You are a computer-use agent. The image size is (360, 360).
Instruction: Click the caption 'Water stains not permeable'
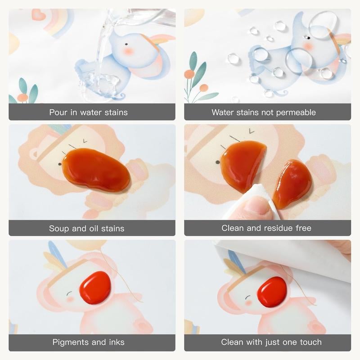pos(264,112)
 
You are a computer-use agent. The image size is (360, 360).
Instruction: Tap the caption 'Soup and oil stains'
pos(86,228)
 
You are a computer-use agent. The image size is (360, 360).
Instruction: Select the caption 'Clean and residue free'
pos(266,228)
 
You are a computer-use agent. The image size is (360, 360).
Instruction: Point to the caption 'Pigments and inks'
pos(88,342)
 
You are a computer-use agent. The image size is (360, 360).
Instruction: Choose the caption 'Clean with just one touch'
pos(271,342)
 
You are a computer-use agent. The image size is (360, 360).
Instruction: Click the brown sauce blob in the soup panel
pos(96,170)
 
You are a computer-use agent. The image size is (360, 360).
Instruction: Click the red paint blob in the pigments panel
pos(95,287)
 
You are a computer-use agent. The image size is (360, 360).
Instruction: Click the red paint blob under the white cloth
pos(272,292)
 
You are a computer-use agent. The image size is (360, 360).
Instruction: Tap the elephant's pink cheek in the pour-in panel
pos(129,51)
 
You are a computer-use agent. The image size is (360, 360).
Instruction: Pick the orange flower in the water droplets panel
pos(189,74)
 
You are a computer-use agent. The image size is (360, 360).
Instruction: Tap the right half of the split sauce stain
pos(292,184)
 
